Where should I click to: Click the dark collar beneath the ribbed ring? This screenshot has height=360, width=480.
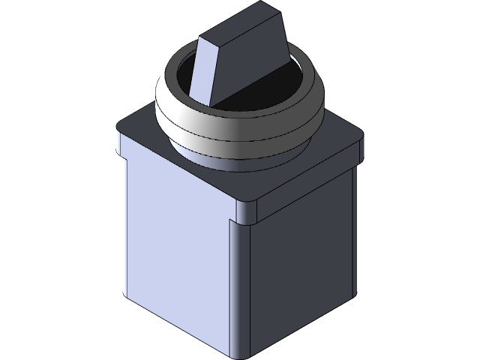coord(240,163)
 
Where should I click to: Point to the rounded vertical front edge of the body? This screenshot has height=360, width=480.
coord(241,285)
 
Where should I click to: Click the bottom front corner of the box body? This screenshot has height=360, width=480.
coord(241,354)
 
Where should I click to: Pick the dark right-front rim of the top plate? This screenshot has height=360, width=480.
coord(307,180)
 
